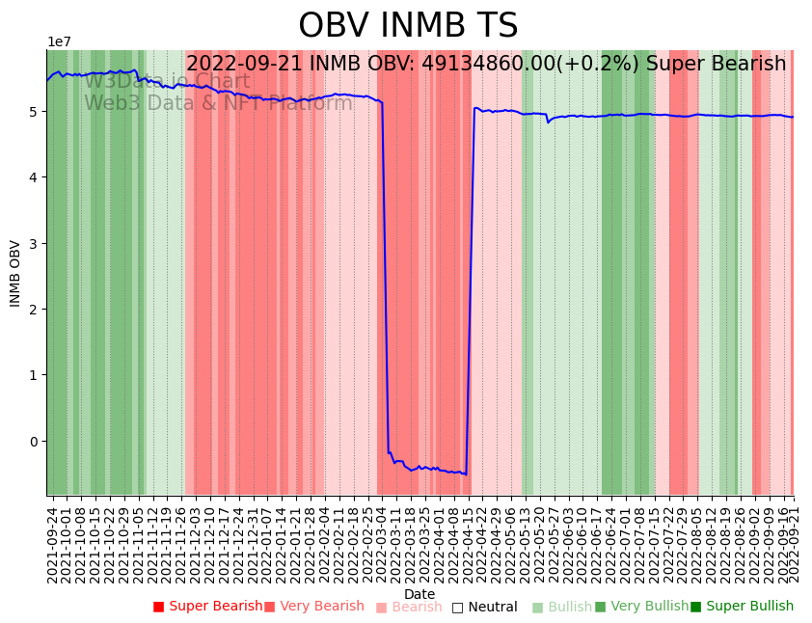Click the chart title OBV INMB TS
coord(408,26)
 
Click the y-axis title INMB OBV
coord(15,273)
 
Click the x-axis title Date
coord(420,594)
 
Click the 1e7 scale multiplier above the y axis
coord(59,41)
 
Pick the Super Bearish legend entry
coord(207,607)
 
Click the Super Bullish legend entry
coord(742,607)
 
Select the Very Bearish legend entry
coord(313,607)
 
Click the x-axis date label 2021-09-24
coord(52,540)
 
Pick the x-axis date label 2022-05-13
coord(527,540)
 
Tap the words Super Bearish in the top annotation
coord(716,65)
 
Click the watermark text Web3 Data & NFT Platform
coord(218,103)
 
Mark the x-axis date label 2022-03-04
coord(382,540)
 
